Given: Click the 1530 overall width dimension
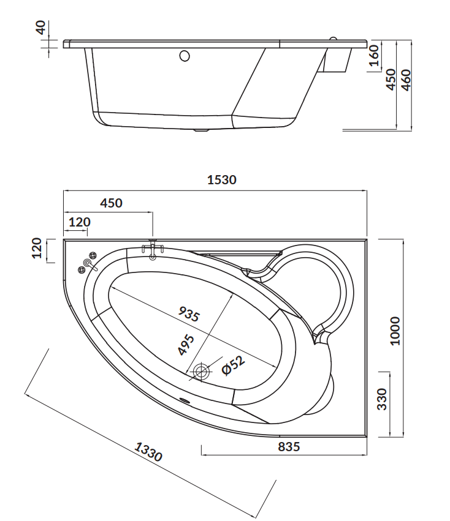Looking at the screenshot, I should [221, 180].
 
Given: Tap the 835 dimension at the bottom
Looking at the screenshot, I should [289, 446].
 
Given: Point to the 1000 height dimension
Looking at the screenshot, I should [395, 331].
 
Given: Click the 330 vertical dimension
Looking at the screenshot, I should [382, 399].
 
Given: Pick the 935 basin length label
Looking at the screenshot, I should [189, 313].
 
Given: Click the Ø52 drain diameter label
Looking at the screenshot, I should [233, 365].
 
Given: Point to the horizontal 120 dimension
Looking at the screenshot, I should [78, 222].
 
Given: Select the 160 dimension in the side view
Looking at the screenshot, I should [373, 56].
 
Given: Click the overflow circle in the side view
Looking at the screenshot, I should [185, 56].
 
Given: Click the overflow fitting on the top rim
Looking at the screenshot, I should [153, 250].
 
